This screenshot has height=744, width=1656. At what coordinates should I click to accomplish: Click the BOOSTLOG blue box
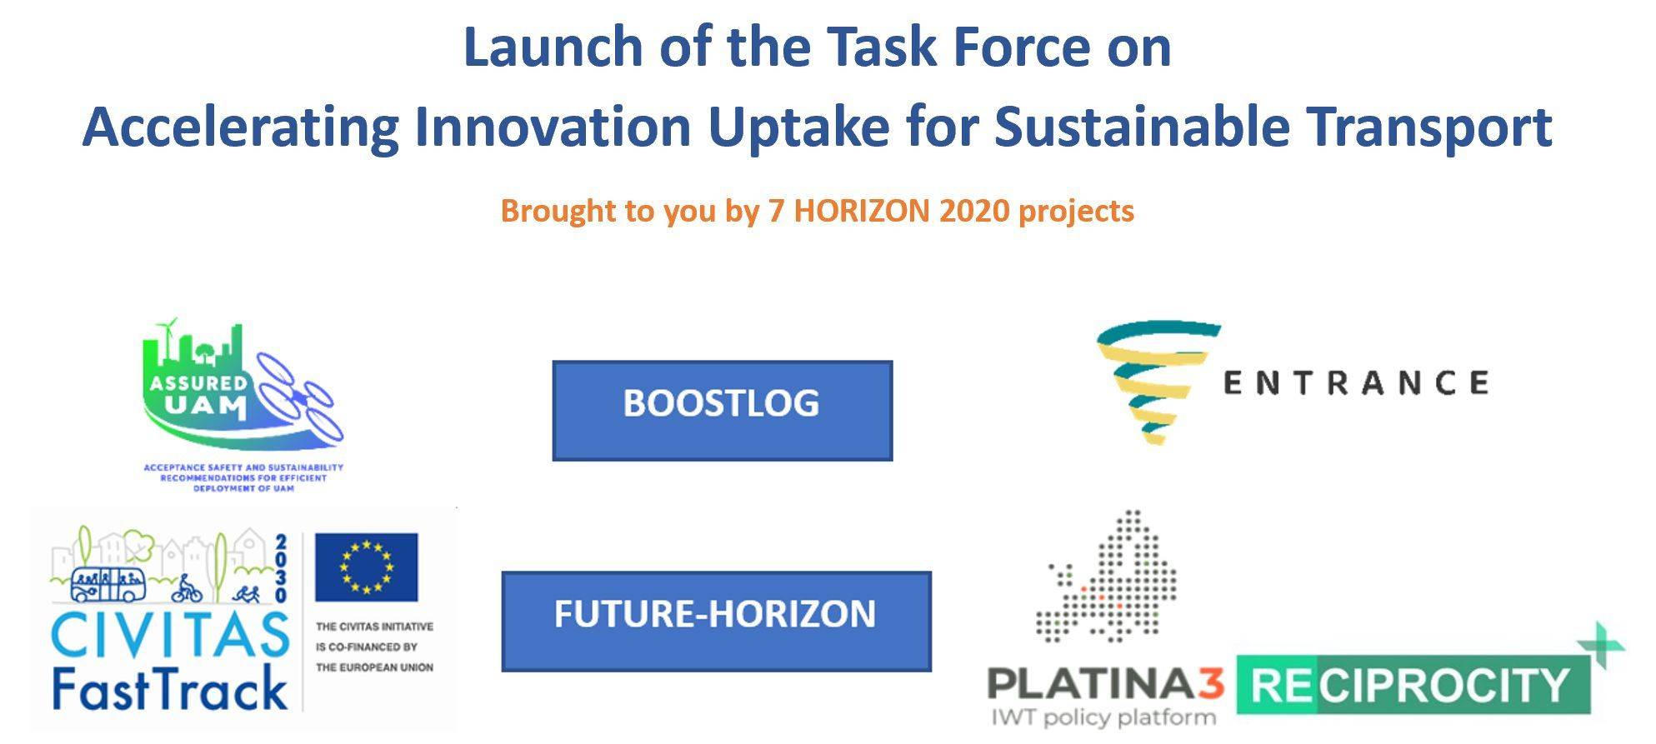coord(723,411)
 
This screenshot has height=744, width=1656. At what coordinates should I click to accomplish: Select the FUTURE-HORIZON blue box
coord(717,622)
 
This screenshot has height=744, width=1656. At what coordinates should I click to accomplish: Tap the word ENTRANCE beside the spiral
coord(1355,383)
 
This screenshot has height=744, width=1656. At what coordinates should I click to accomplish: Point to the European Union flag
coord(367,567)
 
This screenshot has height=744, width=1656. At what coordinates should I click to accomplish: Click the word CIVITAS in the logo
coord(170,636)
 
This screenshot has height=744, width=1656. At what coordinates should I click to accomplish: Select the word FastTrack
coord(170,688)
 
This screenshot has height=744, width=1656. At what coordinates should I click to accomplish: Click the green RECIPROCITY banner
coord(1413,685)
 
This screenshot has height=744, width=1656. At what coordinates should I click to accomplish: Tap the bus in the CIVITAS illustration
coord(108,584)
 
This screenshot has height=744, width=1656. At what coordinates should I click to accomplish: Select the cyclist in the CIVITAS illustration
coord(187,589)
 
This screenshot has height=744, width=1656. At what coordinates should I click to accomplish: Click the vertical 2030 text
coord(281,568)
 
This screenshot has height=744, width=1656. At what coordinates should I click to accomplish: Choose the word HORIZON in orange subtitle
coord(862,211)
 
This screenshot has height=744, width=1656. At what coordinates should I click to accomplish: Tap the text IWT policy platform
coord(1103,717)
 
